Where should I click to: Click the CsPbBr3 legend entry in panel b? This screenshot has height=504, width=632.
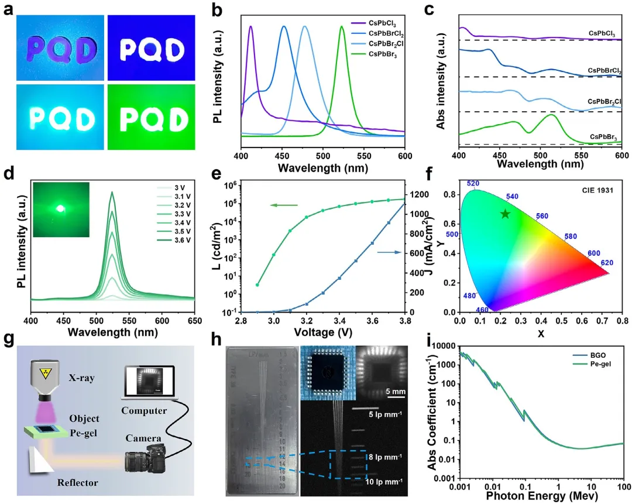pos(384,54)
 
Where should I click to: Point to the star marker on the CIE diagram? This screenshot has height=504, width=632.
pos(505,214)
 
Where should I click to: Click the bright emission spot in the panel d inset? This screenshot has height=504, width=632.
pos(59,208)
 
